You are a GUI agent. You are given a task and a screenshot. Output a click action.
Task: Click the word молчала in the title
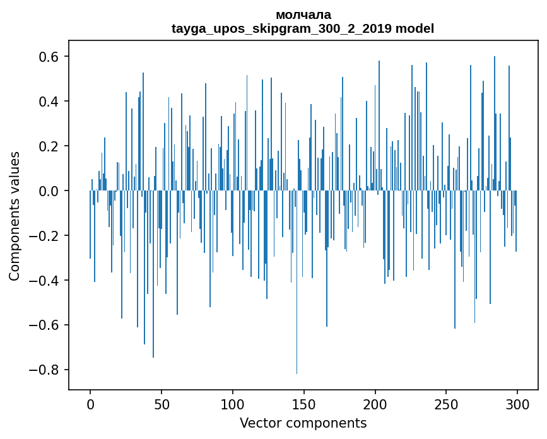(x=303, y=15)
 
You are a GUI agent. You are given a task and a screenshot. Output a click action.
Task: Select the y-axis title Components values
(x=15, y=216)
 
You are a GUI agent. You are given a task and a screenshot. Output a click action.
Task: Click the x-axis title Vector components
(x=303, y=423)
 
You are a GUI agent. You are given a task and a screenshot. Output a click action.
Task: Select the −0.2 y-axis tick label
(x=44, y=236)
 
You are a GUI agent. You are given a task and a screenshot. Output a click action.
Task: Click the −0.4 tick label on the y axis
(x=44, y=281)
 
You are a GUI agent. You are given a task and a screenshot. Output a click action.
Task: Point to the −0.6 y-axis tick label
(x=44, y=325)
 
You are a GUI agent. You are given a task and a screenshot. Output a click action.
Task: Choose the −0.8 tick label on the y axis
(x=44, y=370)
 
